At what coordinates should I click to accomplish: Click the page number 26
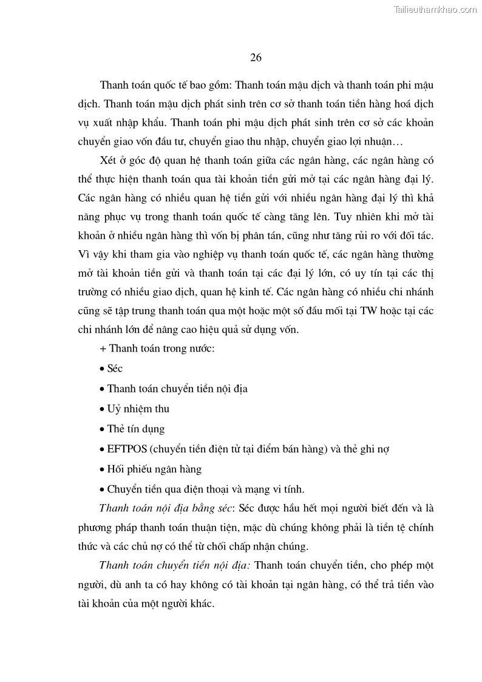tap(256, 58)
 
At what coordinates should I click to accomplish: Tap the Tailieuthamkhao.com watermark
tap(436, 9)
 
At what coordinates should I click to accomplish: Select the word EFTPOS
tap(126, 449)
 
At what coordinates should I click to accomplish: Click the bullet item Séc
tap(115, 369)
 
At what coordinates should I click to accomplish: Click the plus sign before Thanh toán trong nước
tap(102, 349)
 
